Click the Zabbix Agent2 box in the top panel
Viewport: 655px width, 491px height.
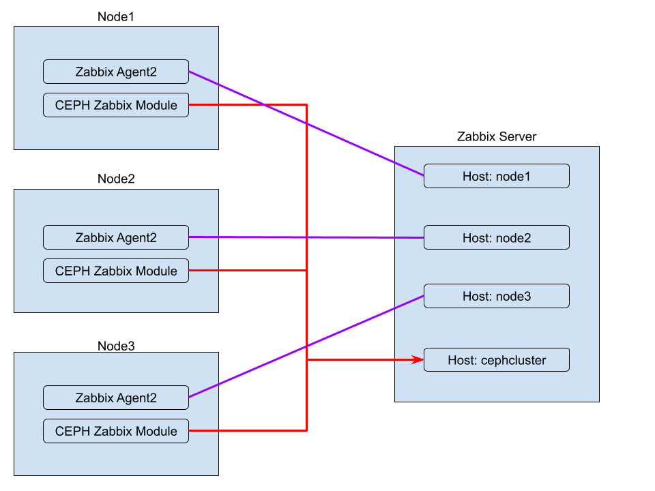[x=116, y=72]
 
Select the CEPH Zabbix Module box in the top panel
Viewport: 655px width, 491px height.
[x=116, y=105]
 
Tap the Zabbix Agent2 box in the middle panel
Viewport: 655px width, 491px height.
[x=116, y=237]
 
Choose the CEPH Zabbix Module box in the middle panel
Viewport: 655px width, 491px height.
[x=116, y=271]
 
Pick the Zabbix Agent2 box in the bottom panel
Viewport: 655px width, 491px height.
[x=116, y=398]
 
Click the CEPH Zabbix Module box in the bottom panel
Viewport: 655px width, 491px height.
[x=116, y=431]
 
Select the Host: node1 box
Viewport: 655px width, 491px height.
[x=496, y=176]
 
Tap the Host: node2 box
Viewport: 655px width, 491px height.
[x=496, y=237]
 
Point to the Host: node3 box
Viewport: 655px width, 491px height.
[x=496, y=297]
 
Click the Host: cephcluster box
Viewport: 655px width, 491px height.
[x=496, y=359]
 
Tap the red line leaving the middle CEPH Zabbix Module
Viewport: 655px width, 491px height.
[x=246, y=271]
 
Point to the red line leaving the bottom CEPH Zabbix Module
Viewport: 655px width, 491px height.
[x=246, y=431]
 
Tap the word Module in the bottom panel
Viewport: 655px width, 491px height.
[x=156, y=431]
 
